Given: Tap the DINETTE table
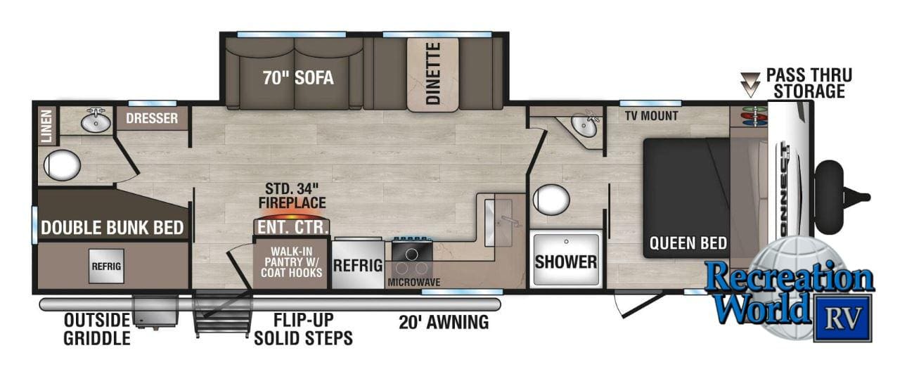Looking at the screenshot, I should pos(433,75).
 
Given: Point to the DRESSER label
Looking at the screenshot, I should pos(152,118).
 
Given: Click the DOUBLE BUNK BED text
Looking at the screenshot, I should pos(112,228).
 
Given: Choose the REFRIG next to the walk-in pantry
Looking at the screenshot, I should pos(358,265).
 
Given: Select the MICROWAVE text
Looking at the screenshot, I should pos(414,283).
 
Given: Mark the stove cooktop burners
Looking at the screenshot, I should pos(412,258).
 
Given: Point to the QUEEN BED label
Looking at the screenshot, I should pos(688,244).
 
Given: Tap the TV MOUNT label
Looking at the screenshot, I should pos(651,115).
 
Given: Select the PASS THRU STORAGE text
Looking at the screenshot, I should pos(809,82).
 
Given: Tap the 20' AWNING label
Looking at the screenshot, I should pos(444,323).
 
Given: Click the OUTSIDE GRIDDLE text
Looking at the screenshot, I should pos(97,328).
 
